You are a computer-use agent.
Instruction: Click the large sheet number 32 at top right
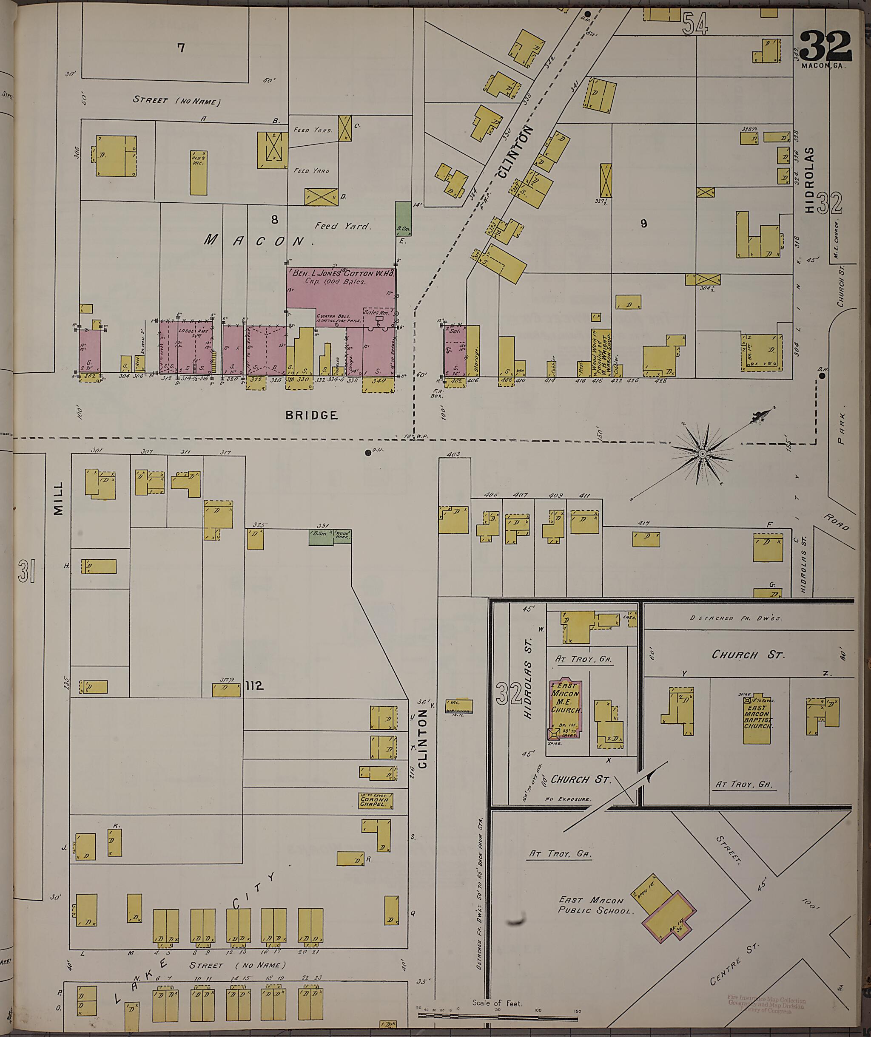[825, 46]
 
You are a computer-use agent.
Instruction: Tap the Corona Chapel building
[376, 800]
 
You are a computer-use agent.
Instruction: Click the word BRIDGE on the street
[311, 415]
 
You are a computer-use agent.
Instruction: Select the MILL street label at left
[58, 499]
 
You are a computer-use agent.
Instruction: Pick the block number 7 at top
[181, 48]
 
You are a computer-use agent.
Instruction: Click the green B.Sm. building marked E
[403, 219]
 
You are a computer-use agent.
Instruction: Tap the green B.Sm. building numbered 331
[321, 537]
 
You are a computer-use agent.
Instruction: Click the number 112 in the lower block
[254, 686]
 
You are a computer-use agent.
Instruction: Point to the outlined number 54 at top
[695, 23]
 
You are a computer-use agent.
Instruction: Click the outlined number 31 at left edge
[27, 571]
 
